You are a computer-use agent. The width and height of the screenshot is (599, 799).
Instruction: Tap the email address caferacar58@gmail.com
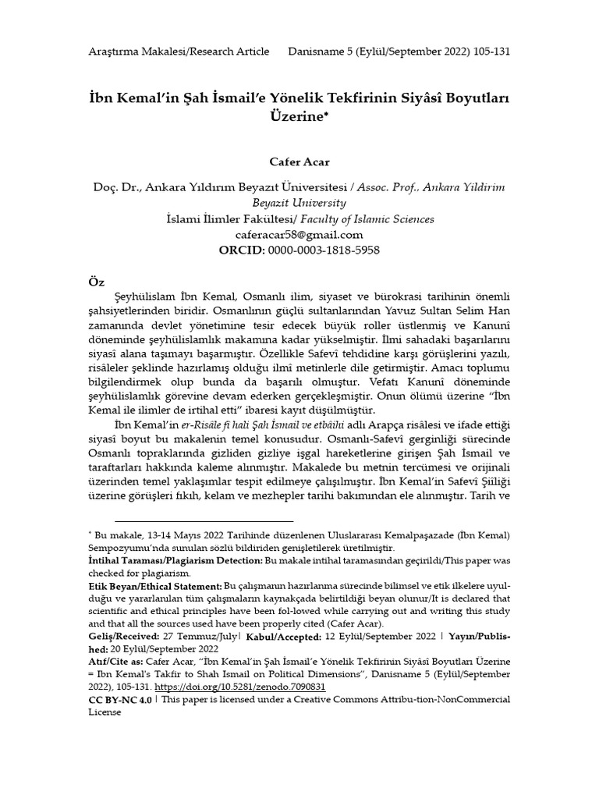(x=299, y=234)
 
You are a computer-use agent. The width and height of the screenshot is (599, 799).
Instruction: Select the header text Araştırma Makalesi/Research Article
(x=178, y=51)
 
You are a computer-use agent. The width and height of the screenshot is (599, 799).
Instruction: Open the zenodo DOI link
(x=240, y=687)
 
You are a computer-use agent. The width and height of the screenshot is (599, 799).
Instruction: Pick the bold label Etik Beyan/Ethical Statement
(x=155, y=585)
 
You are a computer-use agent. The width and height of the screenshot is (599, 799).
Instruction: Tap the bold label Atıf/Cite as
(x=116, y=662)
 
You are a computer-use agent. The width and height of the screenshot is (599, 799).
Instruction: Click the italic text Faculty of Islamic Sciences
(x=371, y=219)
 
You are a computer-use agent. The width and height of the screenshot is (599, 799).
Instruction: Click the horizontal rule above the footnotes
(x=204, y=520)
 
